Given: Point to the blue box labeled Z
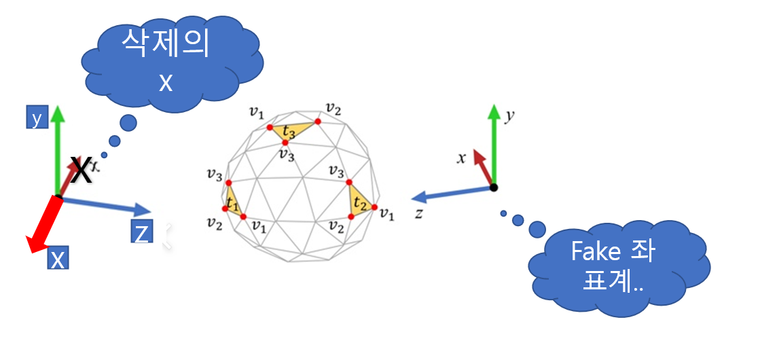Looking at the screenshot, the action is pyautogui.click(x=141, y=233).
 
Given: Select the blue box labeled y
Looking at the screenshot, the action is pyautogui.click(x=37, y=120).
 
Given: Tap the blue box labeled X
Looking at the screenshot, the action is pyautogui.click(x=57, y=259).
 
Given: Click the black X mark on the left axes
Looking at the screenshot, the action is pyautogui.click(x=81, y=170).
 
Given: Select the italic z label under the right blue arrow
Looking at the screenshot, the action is pyautogui.click(x=420, y=213).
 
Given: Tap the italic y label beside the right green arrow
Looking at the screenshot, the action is pyautogui.click(x=509, y=115).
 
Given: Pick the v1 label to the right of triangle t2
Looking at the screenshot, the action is pyautogui.click(x=387, y=215).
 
